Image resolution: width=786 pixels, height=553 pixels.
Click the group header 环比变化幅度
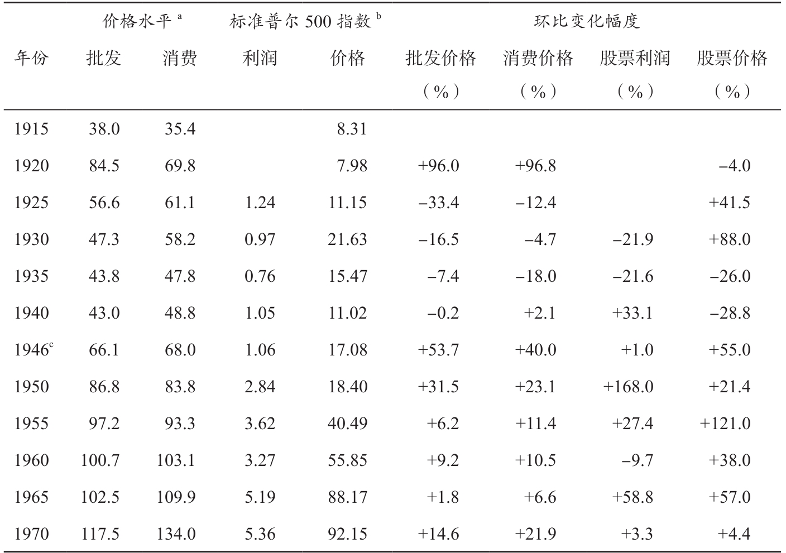pos(587,22)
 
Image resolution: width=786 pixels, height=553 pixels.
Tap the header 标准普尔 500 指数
pos(305,21)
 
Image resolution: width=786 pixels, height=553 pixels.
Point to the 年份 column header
pos(31,58)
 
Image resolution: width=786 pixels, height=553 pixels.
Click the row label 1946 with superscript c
pos(33,349)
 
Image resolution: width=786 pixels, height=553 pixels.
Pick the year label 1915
pos(31,129)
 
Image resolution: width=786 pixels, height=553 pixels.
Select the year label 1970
pos(31,533)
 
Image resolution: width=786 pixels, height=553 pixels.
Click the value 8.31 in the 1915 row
pos(352,129)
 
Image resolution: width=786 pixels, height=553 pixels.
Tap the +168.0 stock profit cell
pos(628,387)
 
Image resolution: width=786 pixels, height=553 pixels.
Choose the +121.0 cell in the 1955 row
pos(725,423)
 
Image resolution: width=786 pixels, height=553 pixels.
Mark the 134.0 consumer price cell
pos(176,533)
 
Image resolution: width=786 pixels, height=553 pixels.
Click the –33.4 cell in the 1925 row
pos(439,203)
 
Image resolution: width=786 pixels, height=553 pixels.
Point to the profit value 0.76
pos(260,276)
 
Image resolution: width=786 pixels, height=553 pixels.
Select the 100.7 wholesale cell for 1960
pos(100,460)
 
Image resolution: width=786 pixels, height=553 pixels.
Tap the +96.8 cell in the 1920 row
pos(535,166)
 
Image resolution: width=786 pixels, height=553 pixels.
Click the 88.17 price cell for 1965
pos(347,497)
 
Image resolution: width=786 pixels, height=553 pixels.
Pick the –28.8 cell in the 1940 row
pos(730,313)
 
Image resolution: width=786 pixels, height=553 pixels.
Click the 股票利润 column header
pos(635,58)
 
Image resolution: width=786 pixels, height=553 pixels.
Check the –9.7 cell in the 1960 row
pos(638,460)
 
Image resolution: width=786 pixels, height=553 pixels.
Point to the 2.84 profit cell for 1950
pos(260,387)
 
